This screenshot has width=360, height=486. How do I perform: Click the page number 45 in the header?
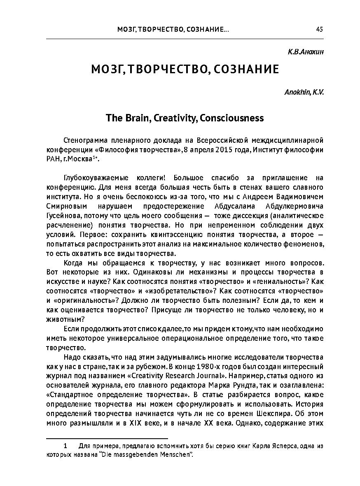point(319,29)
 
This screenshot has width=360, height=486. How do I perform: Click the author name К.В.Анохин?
point(305,53)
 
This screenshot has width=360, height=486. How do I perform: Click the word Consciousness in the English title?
point(231,119)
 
